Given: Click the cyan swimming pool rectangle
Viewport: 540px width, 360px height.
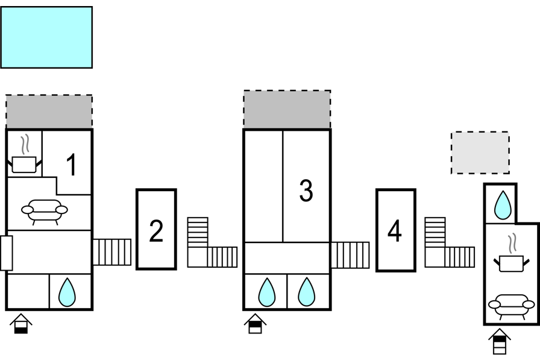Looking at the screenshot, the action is click(x=46, y=37).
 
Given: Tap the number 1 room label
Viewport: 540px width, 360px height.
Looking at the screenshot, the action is click(x=71, y=165).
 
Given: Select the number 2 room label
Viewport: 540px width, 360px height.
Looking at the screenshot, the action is click(x=156, y=231).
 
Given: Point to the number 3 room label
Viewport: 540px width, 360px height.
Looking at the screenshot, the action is click(x=306, y=191).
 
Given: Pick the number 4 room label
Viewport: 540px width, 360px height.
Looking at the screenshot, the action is click(x=395, y=231).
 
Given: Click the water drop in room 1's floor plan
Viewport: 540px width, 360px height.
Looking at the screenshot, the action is click(x=67, y=292).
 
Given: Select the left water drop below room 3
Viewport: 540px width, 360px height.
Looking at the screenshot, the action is click(x=267, y=292).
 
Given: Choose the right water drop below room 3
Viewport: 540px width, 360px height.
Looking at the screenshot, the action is click(x=306, y=292).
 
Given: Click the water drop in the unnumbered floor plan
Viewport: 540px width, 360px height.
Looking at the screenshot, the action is click(x=503, y=205).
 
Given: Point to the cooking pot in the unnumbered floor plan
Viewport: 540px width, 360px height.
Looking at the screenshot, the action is click(x=512, y=253).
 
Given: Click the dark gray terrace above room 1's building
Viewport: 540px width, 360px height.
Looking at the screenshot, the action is click(x=49, y=112).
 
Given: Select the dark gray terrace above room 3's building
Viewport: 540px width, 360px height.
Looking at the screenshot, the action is click(x=287, y=110).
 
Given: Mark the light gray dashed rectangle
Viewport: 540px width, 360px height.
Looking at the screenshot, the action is click(x=480, y=153).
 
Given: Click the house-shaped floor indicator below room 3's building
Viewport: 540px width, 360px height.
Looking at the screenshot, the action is click(x=255, y=324).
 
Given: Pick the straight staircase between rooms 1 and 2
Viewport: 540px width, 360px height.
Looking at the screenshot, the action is click(x=112, y=252).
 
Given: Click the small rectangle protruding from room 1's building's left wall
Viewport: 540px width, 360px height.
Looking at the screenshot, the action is click(x=7, y=253).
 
